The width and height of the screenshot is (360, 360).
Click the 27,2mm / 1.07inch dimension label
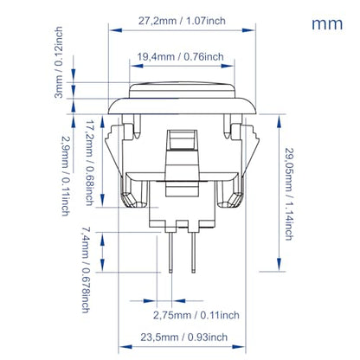pyautogui.click(x=182, y=21)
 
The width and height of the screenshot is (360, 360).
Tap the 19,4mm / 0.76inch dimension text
pyautogui.click(x=180, y=56)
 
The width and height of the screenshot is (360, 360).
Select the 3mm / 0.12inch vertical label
pyautogui.click(x=59, y=62)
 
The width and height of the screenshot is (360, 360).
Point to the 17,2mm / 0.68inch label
pyautogui.click(x=90, y=163)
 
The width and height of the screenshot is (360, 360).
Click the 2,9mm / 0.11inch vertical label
pyautogui.click(x=66, y=176)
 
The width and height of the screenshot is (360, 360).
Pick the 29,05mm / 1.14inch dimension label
pyautogui.click(x=289, y=194)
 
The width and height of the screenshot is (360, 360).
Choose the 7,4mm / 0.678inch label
pyautogui.click(x=86, y=270)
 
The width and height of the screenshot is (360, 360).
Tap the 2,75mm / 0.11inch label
pyautogui.click(x=196, y=315)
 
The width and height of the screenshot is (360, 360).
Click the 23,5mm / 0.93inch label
pyautogui.click(x=184, y=337)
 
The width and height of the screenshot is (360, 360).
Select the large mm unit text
pyautogui.click(x=327, y=24)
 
